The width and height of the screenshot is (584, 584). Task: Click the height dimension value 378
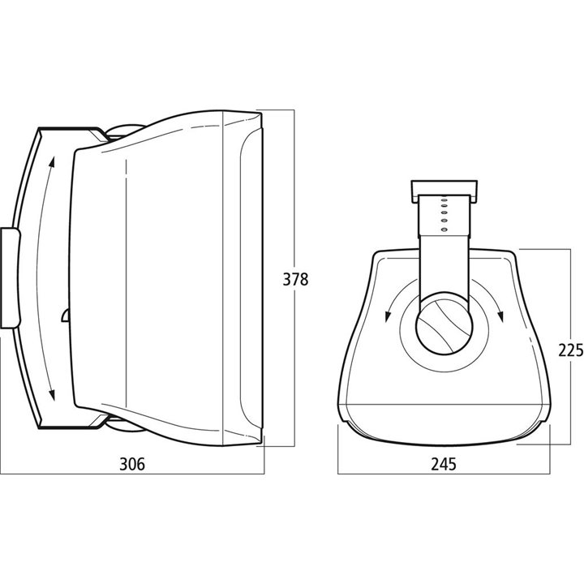[295, 279]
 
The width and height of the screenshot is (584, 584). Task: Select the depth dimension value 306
[132, 464]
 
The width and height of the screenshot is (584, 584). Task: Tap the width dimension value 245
[443, 464]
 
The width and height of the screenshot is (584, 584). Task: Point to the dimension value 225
[570, 350]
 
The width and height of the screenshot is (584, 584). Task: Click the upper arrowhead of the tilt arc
[52, 162]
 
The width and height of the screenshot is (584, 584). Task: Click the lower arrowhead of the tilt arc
[52, 394]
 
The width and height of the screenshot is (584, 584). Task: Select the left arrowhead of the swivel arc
[388, 316]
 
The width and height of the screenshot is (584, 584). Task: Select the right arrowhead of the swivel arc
[500, 316]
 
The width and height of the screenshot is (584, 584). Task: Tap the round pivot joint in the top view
[444, 324]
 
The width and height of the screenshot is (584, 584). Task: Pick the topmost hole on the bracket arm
[444, 200]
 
